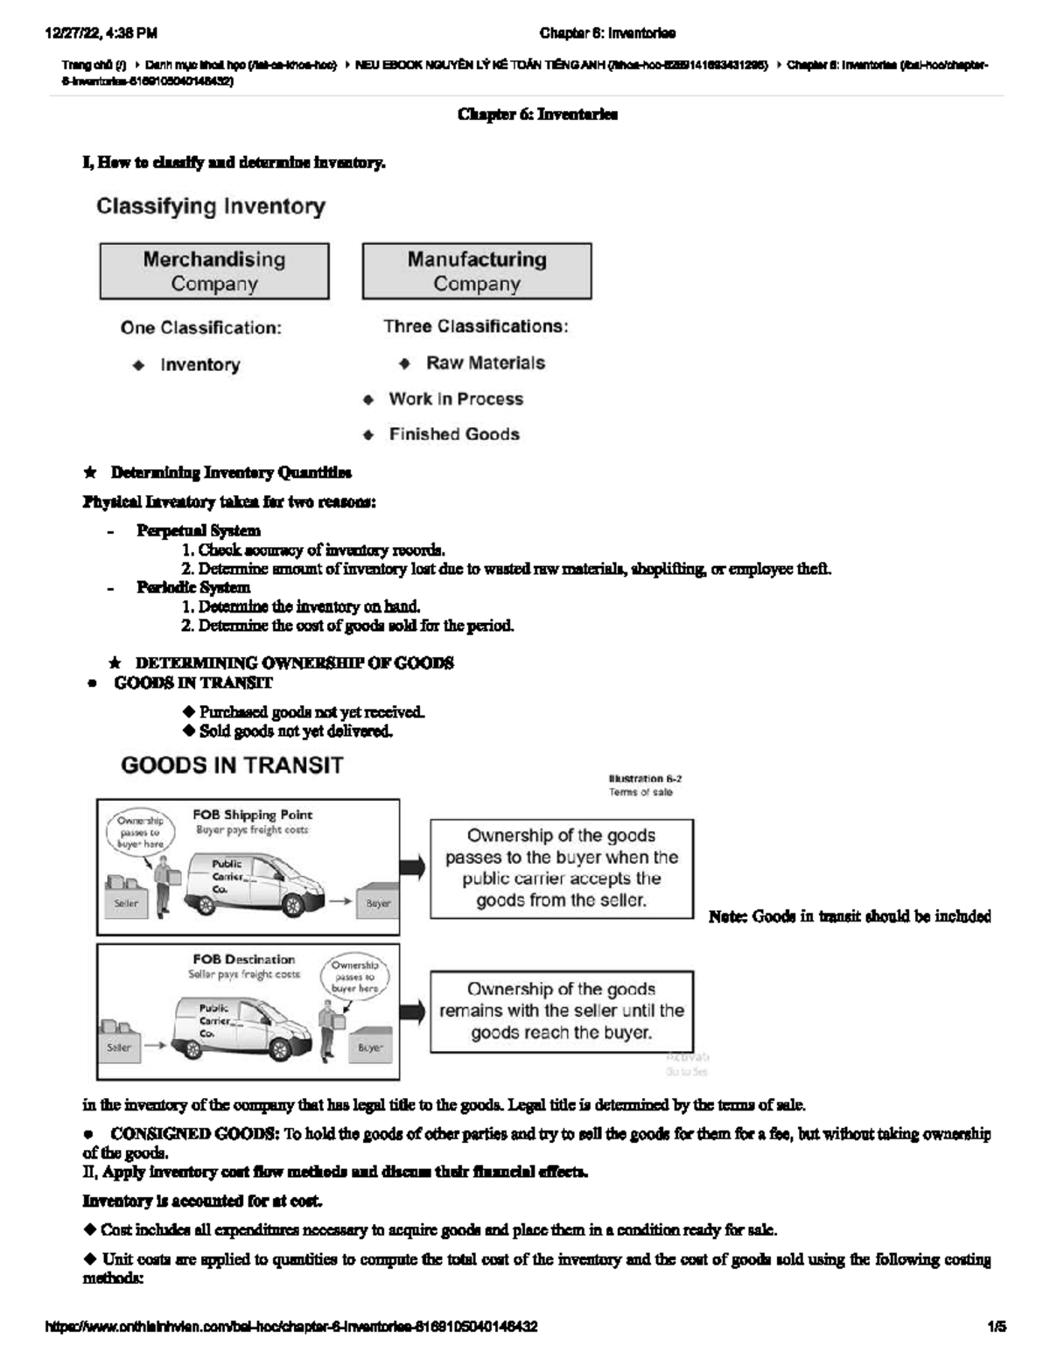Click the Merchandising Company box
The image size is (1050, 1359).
tap(214, 271)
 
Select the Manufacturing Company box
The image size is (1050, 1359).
tap(477, 271)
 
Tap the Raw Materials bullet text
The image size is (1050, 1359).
tap(485, 363)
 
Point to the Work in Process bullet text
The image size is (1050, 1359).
tap(456, 399)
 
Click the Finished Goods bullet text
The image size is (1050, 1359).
tap(454, 435)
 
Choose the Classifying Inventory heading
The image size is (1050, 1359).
tap(211, 207)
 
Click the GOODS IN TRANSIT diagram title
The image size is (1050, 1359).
tap(232, 766)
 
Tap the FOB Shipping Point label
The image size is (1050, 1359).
tap(252, 815)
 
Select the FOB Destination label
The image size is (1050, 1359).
tap(244, 959)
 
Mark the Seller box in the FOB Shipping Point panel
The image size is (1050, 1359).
tap(126, 903)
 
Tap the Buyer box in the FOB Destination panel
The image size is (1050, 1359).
tap(370, 1047)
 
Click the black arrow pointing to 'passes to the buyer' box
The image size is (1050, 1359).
tap(413, 867)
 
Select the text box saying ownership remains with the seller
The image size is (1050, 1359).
tap(561, 1011)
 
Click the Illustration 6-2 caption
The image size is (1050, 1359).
tap(645, 778)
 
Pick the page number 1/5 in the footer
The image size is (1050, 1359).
tap(996, 1327)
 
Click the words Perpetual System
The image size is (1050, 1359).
tap(198, 530)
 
